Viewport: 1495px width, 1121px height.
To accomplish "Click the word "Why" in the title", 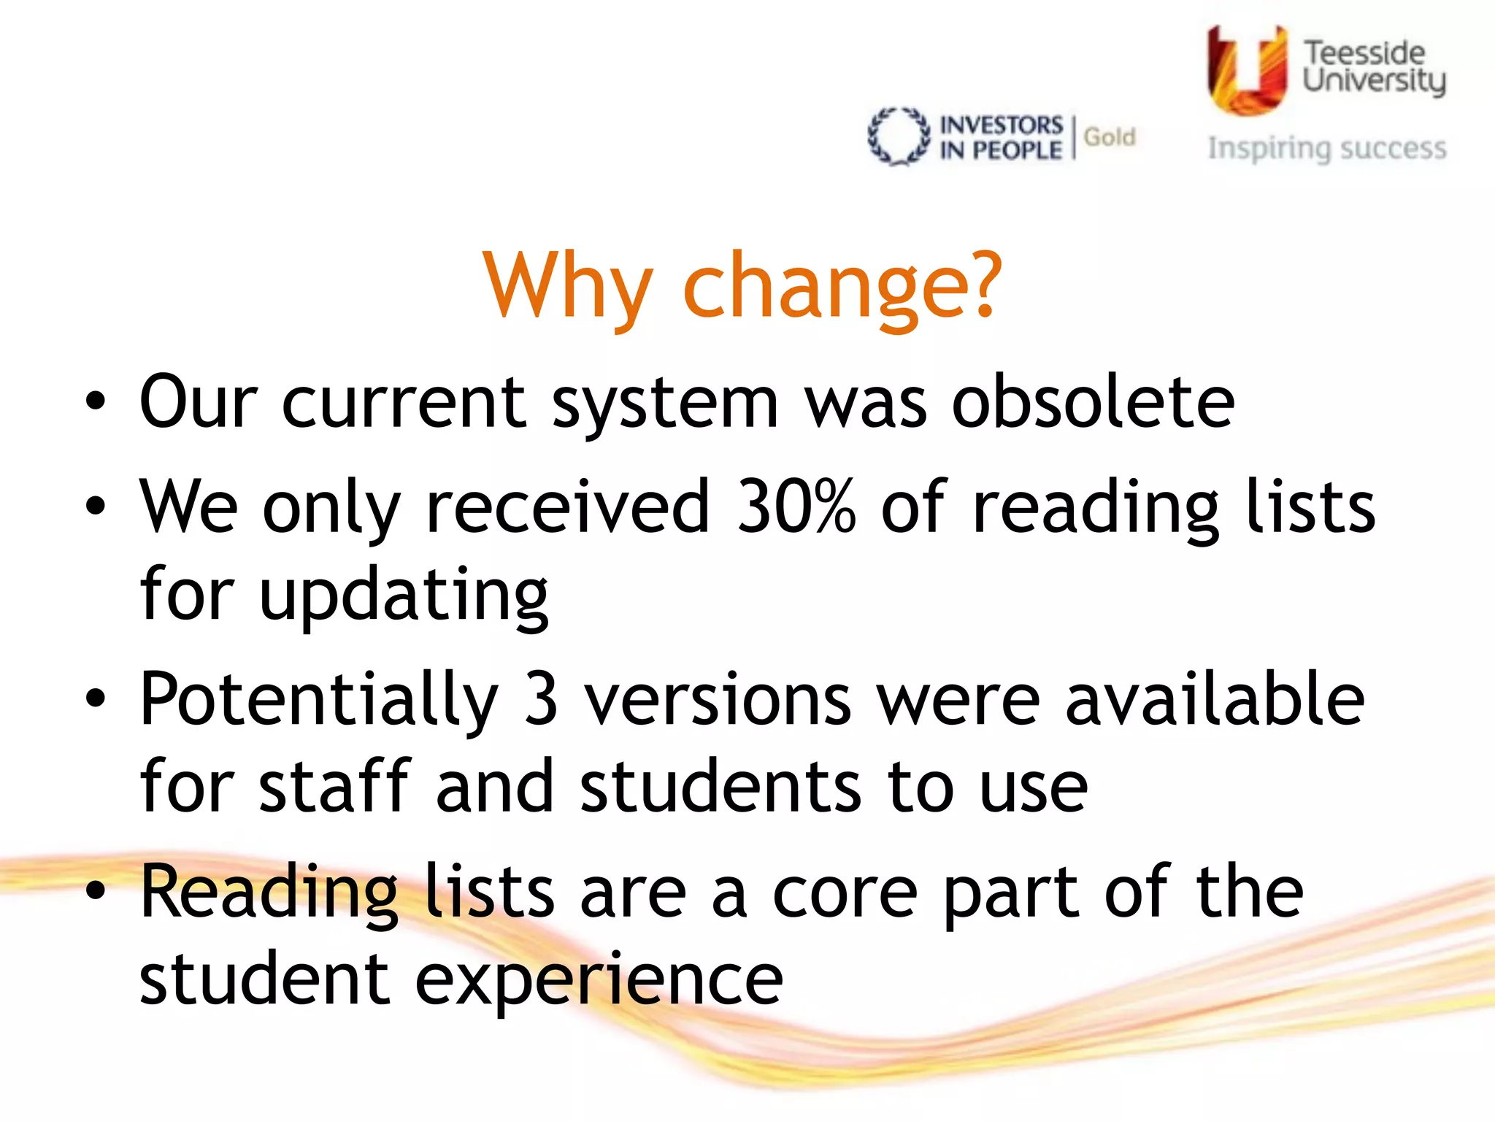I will (567, 286).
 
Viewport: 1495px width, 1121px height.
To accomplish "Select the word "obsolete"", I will (1093, 403).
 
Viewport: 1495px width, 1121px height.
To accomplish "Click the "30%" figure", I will (796, 506).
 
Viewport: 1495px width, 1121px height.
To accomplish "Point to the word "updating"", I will (404, 595).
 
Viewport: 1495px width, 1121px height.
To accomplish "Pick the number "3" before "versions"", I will (541, 699).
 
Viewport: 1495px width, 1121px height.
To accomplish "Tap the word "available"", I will (1215, 699).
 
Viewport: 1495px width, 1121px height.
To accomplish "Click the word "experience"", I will (599, 980).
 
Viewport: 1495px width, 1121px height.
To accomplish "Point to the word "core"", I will (845, 893).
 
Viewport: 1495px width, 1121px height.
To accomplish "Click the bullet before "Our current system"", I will (96, 402).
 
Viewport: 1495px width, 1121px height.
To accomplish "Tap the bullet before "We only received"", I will (96, 506).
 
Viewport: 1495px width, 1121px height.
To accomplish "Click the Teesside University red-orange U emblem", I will (1246, 72).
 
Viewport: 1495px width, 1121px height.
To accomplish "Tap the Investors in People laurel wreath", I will (899, 137).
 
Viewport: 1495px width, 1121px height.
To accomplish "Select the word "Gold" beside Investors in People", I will (1110, 137).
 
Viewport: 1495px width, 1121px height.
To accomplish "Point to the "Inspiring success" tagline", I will (1326, 149).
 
